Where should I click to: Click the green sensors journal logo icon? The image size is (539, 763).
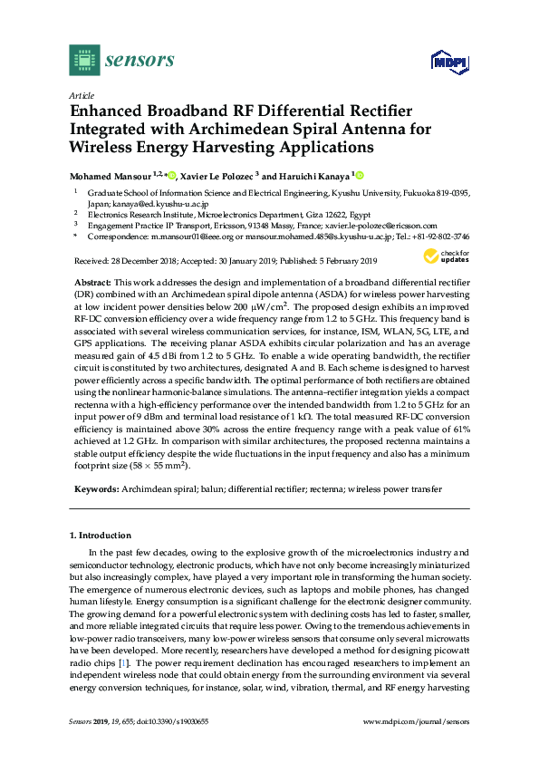pos(83,61)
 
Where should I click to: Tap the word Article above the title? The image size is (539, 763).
pos(81,95)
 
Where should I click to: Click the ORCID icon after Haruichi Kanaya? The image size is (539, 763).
pos(359,175)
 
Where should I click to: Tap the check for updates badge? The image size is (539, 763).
pos(454,257)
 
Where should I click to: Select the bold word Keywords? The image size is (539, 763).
pos(95,489)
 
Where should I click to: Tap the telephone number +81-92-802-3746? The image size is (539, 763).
pos(442,237)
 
